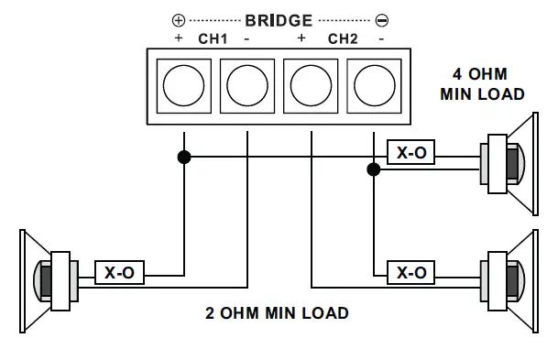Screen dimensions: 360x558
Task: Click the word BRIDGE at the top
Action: (x=279, y=19)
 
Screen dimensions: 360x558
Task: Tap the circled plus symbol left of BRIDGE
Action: (x=179, y=19)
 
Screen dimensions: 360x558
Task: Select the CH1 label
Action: (x=213, y=38)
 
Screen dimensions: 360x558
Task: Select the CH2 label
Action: (x=342, y=38)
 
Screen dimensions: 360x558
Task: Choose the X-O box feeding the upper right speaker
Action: (x=410, y=154)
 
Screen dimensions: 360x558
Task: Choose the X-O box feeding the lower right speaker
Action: (x=410, y=273)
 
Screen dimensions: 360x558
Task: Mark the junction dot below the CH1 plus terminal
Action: (x=184, y=158)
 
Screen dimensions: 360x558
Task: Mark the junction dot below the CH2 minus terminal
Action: (x=373, y=169)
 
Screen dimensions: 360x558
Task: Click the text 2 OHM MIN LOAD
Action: (x=277, y=313)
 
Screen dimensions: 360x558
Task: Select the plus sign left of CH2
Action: (x=301, y=38)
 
